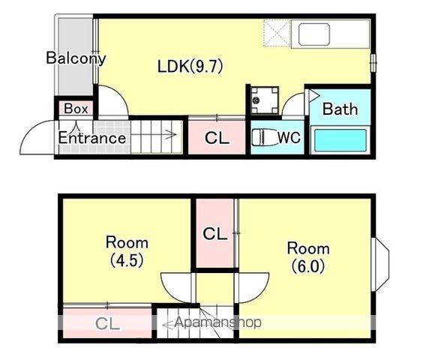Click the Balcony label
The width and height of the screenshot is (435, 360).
[76, 58]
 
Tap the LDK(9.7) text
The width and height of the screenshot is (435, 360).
[190, 67]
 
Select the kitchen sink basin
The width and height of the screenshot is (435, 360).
[314, 34]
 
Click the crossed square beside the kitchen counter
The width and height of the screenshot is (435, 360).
[277, 33]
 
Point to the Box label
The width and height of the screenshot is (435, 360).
[76, 109]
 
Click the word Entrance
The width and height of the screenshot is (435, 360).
[92, 138]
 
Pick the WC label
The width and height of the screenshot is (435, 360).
[289, 137]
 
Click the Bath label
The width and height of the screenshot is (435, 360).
[340, 109]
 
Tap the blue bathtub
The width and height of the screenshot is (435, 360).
[340, 140]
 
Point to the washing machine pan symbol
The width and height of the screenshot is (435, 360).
[265, 100]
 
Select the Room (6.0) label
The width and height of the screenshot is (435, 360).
[308, 256]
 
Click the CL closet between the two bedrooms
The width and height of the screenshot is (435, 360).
[215, 233]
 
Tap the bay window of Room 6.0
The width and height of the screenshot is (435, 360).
[381, 264]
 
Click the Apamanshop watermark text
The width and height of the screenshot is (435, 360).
[217, 322]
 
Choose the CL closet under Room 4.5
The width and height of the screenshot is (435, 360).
[107, 323]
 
